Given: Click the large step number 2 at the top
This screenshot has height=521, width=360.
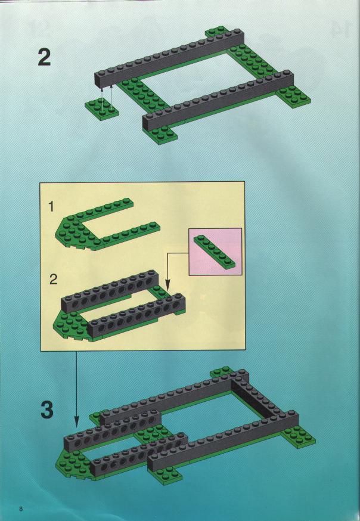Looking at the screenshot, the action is pos(44,57).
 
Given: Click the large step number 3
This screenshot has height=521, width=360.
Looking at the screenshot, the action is pos(47,410).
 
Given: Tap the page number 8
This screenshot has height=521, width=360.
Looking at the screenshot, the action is pos(21,508).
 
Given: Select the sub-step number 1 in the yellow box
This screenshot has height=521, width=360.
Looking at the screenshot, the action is pos(51,207).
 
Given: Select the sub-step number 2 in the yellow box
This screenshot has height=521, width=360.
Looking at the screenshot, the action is pos(53,280).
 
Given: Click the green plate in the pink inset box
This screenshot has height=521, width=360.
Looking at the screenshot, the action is pos(215,252).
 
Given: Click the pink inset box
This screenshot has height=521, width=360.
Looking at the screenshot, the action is pos(215,252).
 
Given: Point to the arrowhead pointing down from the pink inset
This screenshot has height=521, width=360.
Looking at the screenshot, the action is pos(167,285).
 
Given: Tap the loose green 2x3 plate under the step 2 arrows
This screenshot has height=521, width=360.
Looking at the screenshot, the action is pos(102,108).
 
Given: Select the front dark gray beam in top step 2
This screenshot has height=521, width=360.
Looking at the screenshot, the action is pos(219,100).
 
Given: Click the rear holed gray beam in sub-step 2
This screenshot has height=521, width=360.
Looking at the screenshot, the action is pos(110,291).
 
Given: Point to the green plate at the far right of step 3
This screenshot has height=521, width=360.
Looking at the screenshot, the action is pos(298,436).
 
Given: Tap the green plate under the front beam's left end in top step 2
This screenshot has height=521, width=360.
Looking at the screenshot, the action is pos(161,134).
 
